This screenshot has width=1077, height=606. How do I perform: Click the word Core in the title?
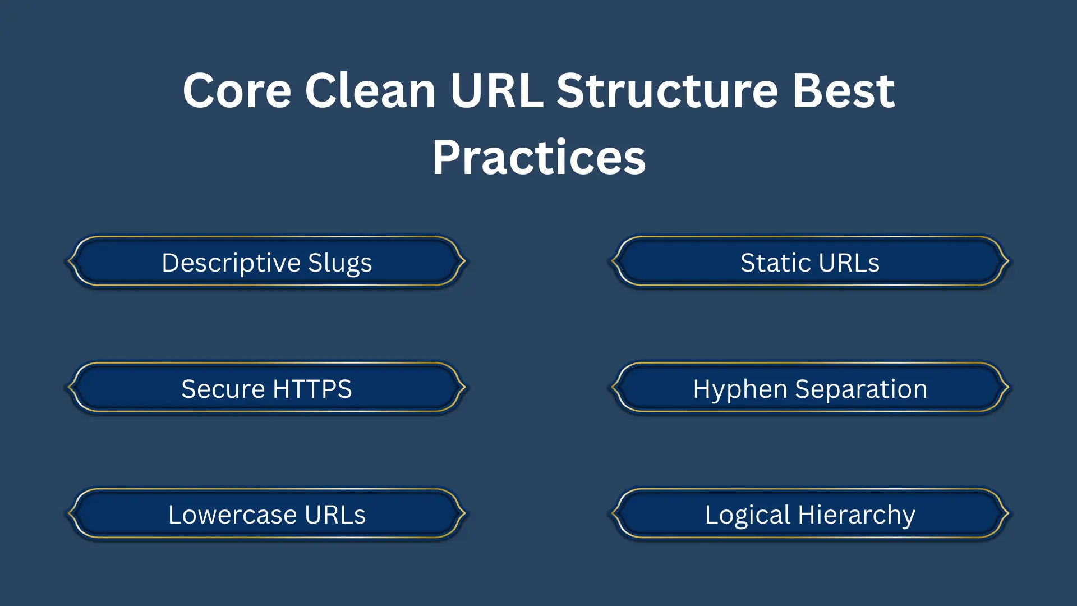pos(237,91)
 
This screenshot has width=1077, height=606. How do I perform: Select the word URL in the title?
pos(496,91)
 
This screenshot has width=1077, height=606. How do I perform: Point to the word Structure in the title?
pos(668,91)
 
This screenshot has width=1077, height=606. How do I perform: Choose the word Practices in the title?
pos(538,158)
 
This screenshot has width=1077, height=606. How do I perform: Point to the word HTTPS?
pos(312,389)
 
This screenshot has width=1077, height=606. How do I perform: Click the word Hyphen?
pos(740,389)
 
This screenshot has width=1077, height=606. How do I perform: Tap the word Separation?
pos(861,389)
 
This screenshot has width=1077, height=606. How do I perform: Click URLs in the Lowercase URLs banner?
pos(335,515)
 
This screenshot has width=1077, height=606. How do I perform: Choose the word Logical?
pos(747,515)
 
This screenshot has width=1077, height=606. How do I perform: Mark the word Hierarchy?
pos(857,515)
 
